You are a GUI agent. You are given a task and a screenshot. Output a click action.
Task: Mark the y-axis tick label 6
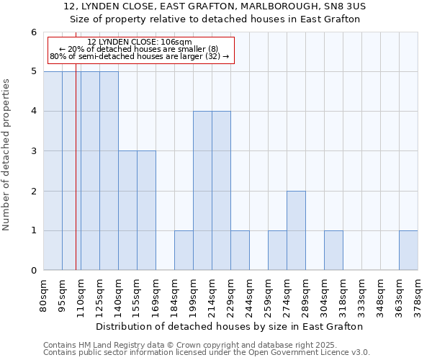[33, 32]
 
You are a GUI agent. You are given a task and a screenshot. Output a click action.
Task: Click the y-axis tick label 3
[33, 151]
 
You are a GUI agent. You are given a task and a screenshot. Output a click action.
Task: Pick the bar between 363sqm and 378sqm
[408, 251]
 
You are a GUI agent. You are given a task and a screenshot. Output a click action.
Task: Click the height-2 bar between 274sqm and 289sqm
[296, 230]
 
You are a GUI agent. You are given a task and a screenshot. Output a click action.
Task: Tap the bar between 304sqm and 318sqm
[333, 251]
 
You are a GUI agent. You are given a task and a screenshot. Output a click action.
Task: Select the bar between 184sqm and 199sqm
[184, 251]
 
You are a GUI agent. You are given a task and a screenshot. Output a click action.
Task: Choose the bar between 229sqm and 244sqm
[240, 251]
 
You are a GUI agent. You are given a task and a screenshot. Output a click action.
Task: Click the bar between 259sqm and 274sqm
[277, 251]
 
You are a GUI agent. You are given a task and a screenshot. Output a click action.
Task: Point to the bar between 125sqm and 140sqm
[109, 171]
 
